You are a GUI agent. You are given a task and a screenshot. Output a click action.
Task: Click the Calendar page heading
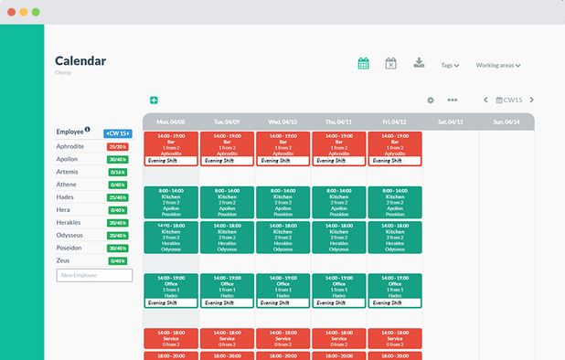click(x=80, y=61)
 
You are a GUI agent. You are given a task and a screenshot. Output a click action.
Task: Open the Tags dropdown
click(x=449, y=66)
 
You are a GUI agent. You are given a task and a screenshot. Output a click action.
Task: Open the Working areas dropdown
click(x=497, y=66)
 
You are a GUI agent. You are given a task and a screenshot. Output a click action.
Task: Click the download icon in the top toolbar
click(x=419, y=63)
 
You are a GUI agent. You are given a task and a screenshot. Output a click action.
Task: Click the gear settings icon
click(x=431, y=101)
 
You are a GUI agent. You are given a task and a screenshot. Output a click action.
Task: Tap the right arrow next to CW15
click(x=531, y=101)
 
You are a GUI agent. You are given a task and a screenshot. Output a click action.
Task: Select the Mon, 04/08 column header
click(x=171, y=122)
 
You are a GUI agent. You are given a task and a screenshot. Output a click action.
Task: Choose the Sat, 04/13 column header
click(x=450, y=122)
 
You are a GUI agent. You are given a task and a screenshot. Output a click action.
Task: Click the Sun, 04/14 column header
click(x=506, y=122)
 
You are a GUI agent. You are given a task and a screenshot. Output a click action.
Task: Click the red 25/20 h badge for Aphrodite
click(x=118, y=146)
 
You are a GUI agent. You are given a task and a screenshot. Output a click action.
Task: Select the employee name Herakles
click(x=69, y=222)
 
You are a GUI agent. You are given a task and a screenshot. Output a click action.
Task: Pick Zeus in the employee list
click(x=64, y=260)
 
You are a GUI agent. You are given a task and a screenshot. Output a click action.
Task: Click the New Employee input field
click(x=95, y=275)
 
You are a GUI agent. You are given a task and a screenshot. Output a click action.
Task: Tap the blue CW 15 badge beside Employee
click(x=118, y=132)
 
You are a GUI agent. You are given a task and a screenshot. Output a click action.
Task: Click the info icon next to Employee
click(x=88, y=130)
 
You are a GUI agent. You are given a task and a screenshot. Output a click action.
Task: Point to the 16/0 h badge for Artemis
click(x=118, y=172)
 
